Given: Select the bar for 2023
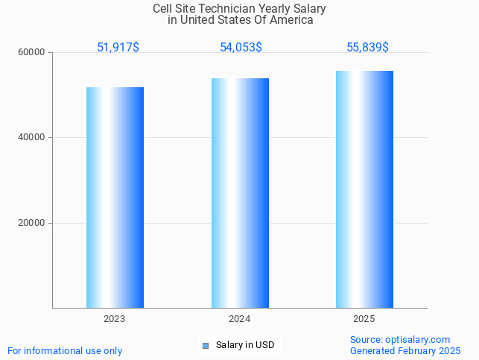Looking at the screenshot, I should click(x=115, y=198).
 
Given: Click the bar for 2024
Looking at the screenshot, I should click(x=240, y=193).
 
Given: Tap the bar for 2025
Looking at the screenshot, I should click(x=364, y=189).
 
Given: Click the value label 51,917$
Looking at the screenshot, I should click(x=118, y=47).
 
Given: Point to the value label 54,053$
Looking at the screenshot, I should click(x=241, y=47).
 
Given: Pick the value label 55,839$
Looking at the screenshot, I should click(x=367, y=47).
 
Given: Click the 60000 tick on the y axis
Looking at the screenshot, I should click(x=32, y=53).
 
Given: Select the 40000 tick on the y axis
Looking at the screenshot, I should click(x=32, y=138).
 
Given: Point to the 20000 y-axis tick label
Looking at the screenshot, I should click(x=32, y=223).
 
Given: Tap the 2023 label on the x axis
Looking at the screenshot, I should click(x=115, y=318).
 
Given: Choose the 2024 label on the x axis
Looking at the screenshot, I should click(x=240, y=318).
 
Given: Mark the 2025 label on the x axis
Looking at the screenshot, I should click(x=364, y=318).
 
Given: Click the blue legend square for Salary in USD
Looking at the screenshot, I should click(x=206, y=345).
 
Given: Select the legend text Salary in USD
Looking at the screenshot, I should click(x=245, y=345).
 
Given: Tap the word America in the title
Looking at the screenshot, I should click(x=291, y=20).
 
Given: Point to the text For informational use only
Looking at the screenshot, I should click(x=65, y=350).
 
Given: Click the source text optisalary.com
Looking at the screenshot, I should click(x=422, y=339).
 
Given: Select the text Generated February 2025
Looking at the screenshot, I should click(x=405, y=350).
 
